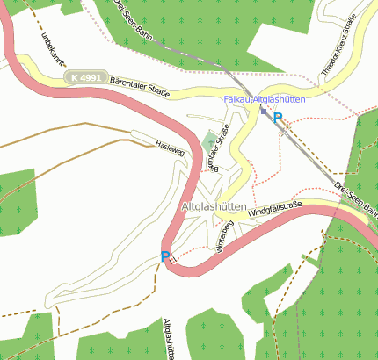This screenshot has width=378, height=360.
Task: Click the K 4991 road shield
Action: coord(86,77)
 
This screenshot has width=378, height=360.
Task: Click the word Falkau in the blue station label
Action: coord(237,101)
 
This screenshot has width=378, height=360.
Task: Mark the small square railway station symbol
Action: coord(263,112)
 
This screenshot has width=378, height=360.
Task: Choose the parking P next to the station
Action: coord(278,117)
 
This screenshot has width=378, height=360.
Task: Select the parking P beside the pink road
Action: coord(164,256)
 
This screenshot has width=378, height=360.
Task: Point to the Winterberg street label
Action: coord(223,234)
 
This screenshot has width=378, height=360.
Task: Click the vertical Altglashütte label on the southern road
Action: coord(168,338)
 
